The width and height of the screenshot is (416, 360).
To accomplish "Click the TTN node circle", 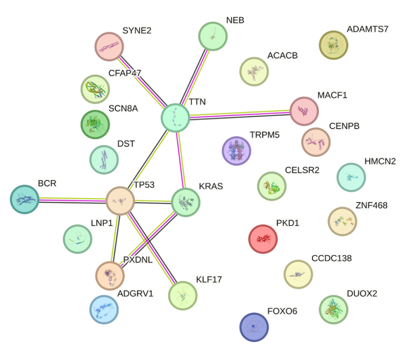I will tap(175, 117).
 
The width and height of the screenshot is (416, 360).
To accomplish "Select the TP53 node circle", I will tap(120, 201).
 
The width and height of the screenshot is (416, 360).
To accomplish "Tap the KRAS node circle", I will tap(186, 202).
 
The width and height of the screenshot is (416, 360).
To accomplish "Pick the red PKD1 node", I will tap(263, 239).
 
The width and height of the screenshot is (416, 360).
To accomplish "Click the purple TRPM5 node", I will tap(236, 151).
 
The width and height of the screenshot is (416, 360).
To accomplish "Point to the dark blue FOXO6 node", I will tap(254, 326).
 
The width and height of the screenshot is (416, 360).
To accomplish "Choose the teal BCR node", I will tap(25, 199).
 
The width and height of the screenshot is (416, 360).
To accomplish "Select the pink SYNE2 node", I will tap(109, 46).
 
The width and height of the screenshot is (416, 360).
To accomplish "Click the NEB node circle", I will tap(212, 35).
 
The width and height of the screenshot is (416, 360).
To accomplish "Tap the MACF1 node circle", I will tap(303, 111).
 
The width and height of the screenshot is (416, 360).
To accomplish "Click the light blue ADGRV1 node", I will tap(104, 309).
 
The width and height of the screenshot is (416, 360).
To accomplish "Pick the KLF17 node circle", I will tap(183, 295).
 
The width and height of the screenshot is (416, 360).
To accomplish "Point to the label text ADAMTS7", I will tap(367, 29).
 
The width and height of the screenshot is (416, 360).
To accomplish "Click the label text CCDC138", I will tap(331, 258).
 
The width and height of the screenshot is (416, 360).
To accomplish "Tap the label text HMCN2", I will tap(380, 162).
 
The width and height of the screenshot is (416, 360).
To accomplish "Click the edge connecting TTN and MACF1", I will tap(239, 114).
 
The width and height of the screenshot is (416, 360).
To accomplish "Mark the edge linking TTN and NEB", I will tap(194, 76).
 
